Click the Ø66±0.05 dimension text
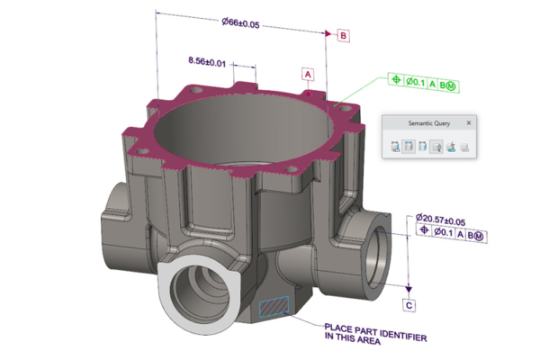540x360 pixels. (242, 24)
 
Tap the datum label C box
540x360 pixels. (409, 305)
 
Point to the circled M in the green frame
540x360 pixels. (451, 82)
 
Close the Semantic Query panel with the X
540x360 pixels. (468, 122)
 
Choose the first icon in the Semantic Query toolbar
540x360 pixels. (396, 147)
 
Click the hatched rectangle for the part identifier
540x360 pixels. (274, 306)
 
